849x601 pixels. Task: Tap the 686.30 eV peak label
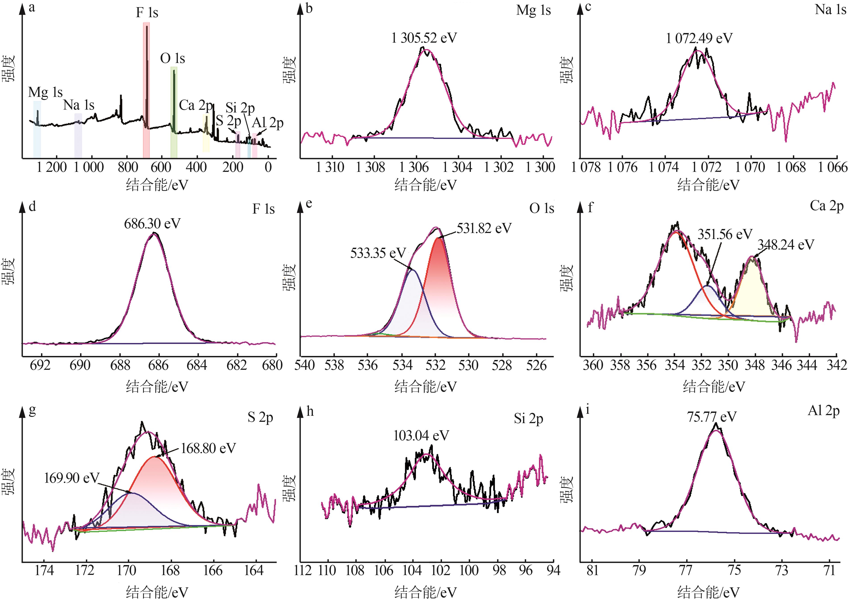tap(152, 224)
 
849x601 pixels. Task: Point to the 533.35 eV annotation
tap(378, 253)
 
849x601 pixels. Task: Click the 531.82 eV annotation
tap(484, 228)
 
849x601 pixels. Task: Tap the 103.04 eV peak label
tap(421, 436)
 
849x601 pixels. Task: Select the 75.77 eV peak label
tap(712, 417)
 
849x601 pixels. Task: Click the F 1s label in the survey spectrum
tap(147, 12)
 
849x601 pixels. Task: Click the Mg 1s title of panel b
tap(533, 10)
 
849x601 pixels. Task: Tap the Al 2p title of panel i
tap(823, 411)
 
